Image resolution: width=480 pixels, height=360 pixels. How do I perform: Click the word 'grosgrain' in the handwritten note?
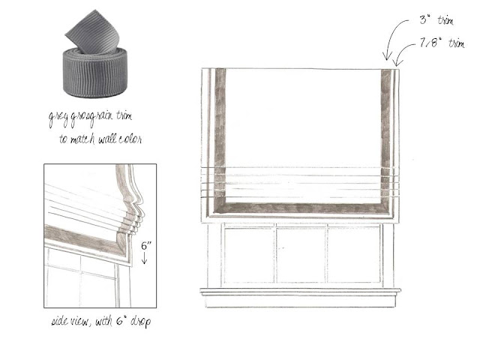[91, 118]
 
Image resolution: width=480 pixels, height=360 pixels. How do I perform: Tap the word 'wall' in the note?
[107, 139]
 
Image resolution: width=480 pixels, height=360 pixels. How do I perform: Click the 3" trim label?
[436, 20]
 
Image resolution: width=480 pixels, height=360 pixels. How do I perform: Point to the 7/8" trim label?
[442, 43]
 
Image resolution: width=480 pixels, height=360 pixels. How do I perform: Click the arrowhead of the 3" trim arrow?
[387, 57]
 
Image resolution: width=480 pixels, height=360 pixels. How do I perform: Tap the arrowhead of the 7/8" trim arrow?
[397, 63]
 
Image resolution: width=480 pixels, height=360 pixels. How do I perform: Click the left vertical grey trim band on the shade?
[220, 135]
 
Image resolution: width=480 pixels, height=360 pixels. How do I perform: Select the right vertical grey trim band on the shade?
[386, 135]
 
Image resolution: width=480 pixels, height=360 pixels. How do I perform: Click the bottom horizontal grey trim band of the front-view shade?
[303, 208]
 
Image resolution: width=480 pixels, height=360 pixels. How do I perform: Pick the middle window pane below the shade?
[301, 255]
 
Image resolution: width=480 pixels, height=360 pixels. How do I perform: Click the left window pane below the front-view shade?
[249, 255]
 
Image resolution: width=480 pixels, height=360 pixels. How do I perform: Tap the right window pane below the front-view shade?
[354, 255]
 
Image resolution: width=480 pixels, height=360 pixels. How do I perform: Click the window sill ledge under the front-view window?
[300, 292]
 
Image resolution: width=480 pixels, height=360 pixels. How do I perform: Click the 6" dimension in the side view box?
[146, 246]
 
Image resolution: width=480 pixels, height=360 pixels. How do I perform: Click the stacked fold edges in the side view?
[135, 220]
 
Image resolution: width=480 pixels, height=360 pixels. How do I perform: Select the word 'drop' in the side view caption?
[140, 322]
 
